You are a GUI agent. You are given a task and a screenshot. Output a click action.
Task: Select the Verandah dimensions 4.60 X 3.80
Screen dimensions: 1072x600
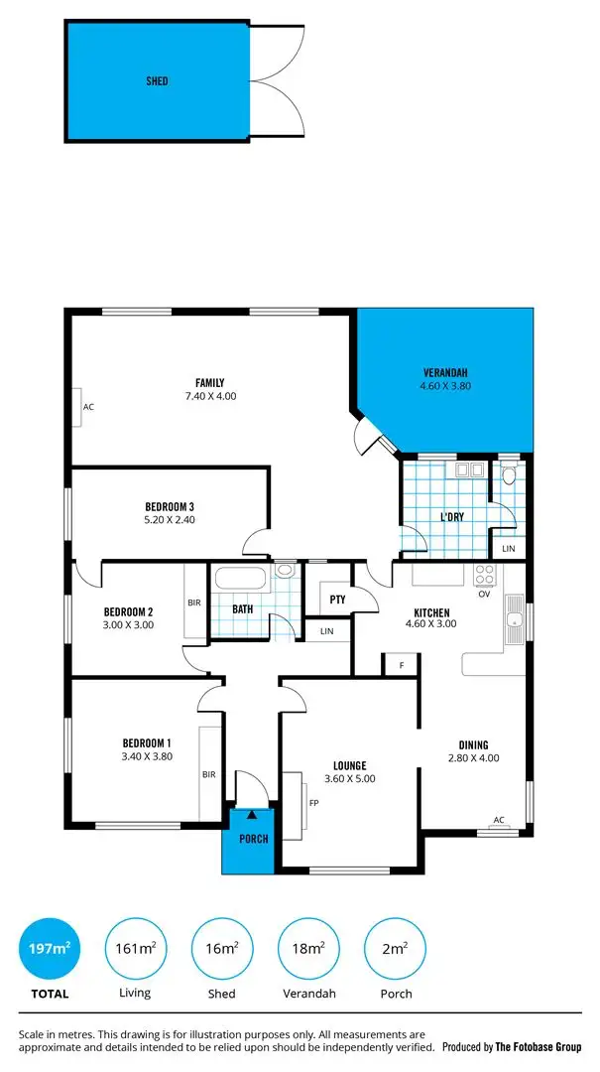(445, 387)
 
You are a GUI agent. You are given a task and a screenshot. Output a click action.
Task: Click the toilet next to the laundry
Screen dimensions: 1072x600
(509, 475)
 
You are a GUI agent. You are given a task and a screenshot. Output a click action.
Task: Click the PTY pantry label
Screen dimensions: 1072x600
(337, 600)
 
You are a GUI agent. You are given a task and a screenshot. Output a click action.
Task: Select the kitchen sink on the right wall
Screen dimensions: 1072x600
(514, 620)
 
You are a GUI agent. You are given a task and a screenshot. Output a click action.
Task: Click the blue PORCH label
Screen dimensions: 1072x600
(254, 839)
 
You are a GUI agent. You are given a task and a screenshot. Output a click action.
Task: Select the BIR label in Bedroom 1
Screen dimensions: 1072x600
(209, 774)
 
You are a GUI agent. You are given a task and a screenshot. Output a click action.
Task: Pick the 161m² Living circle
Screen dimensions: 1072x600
(135, 949)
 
